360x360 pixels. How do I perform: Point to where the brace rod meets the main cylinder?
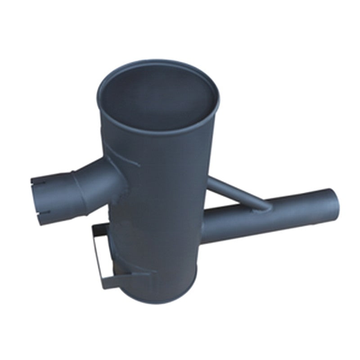(x=210, y=180)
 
